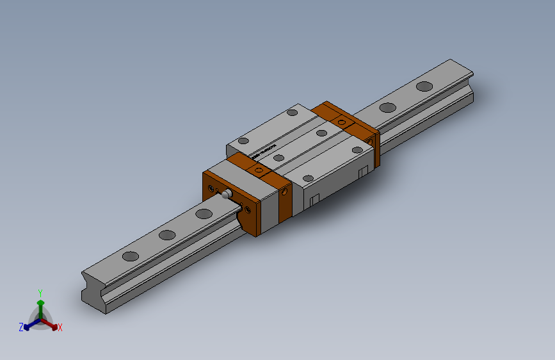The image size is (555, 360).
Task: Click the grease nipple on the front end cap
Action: point(227,193)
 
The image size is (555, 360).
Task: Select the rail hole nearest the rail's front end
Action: point(130,257)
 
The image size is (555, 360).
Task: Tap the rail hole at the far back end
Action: point(424,86)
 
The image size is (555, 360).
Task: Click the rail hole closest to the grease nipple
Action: point(204,213)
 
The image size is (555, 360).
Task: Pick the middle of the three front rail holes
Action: point(167,235)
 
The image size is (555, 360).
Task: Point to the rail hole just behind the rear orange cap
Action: point(387,108)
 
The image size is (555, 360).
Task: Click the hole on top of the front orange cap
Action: point(259,170)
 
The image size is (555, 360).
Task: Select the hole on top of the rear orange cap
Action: point(342,122)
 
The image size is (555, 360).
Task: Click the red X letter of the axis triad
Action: point(60,327)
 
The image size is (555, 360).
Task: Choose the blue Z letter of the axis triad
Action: point(21,327)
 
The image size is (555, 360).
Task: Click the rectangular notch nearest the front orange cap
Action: point(314,200)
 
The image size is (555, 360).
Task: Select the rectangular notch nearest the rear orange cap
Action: point(363,172)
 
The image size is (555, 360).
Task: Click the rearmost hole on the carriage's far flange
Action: point(293,113)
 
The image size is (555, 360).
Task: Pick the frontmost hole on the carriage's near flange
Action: point(308,178)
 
